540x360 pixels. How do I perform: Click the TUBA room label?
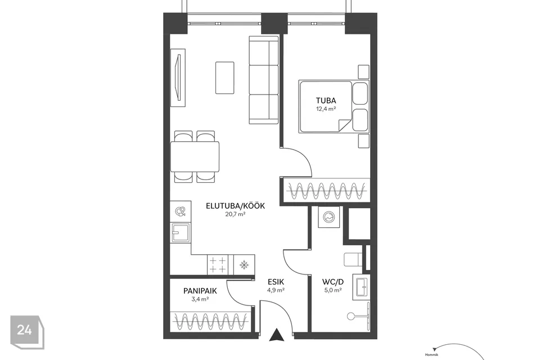[326, 101]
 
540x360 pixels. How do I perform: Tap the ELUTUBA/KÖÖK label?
[235, 206]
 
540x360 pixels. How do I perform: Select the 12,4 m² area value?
[326, 109]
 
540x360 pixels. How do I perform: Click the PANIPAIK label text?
[200, 291]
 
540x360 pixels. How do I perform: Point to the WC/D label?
[332, 282]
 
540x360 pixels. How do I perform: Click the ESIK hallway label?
[276, 282]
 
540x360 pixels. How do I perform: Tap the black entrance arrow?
[276, 335]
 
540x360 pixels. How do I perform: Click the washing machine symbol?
[329, 217]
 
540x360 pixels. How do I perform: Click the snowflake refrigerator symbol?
[244, 264]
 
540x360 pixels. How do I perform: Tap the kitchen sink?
[181, 232]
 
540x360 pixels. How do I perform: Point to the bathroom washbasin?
[361, 287]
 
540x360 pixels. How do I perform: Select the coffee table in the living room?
[225, 78]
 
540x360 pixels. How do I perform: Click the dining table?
[195, 157]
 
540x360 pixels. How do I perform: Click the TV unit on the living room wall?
[178, 78]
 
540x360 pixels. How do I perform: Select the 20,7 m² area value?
[235, 214]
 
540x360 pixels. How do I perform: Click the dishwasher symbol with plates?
[181, 211]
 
